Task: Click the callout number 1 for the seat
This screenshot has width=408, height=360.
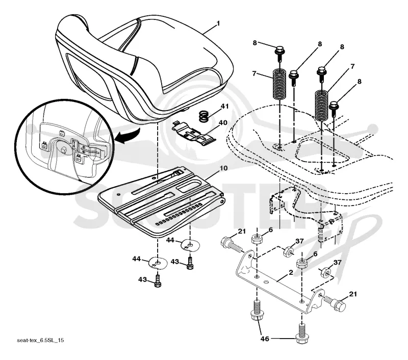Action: point(218,23)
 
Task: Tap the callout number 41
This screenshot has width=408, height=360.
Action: point(224,107)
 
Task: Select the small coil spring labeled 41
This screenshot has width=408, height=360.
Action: point(205,116)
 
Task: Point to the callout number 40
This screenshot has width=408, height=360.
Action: point(223,122)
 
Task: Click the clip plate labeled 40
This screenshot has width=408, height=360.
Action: point(194,133)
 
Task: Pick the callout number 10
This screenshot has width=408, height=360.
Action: point(223,168)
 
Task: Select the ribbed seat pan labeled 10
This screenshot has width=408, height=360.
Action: point(161,202)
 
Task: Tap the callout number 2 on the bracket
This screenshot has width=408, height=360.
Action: point(291,272)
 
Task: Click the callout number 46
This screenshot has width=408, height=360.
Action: point(265,339)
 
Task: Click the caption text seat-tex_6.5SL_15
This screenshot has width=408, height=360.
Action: point(40,340)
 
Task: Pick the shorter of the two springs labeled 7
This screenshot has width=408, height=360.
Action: point(279,84)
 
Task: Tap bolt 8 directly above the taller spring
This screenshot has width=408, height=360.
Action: point(322,73)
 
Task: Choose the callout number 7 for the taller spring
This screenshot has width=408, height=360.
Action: point(352,67)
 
